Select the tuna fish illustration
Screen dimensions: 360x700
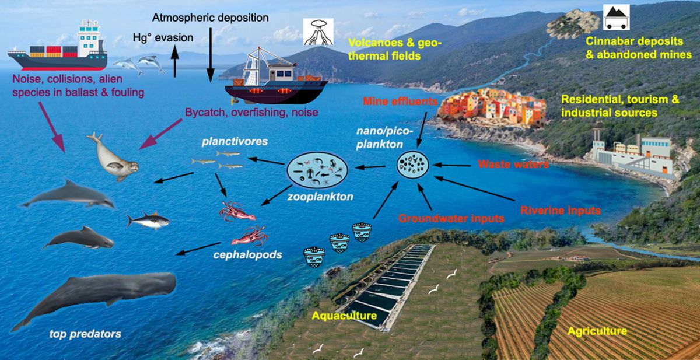coord(148,220)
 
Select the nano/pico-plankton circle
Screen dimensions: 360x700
coord(415,166)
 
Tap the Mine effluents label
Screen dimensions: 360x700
coord(400,101)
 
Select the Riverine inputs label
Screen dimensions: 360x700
coord(560,209)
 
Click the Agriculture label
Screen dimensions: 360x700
coord(597,331)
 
